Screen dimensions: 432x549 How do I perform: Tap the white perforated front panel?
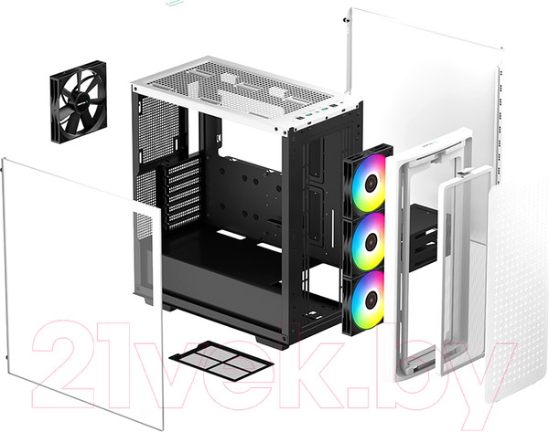tap(517, 292)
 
